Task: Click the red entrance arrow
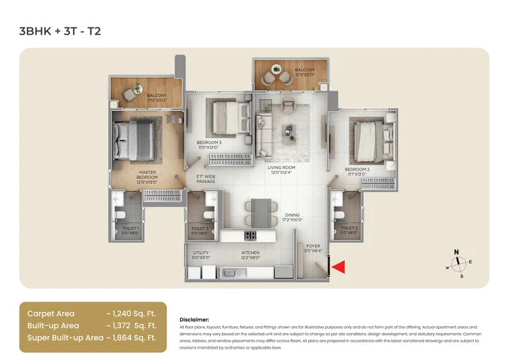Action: (x=339, y=267)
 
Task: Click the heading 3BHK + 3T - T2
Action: (x=59, y=32)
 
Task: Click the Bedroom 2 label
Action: (x=357, y=172)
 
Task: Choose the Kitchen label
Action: (x=250, y=255)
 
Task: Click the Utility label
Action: (x=201, y=255)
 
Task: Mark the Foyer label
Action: (x=312, y=248)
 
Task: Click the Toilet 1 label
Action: (x=129, y=229)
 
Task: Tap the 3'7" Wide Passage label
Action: (x=206, y=180)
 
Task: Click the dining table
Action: (x=260, y=211)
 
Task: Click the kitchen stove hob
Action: (x=250, y=236)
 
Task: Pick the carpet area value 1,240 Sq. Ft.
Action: (x=130, y=313)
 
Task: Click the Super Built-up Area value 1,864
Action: (x=130, y=338)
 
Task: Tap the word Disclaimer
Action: (x=194, y=319)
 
